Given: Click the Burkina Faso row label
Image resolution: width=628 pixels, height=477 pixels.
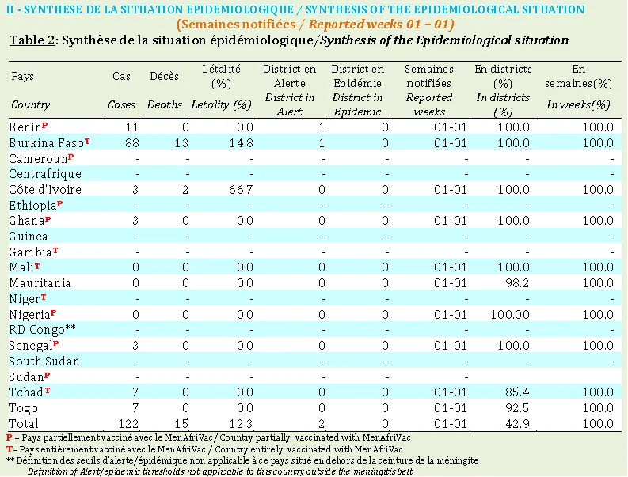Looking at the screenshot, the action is [x=47, y=143].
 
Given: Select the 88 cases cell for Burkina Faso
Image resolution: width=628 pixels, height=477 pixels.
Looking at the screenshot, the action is [x=131, y=143].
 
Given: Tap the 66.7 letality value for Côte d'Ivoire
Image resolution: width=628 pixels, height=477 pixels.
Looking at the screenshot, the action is [x=241, y=190].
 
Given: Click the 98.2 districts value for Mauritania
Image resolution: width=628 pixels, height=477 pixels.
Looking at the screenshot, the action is [x=517, y=283].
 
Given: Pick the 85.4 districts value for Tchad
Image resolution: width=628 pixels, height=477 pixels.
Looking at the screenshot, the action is [x=517, y=392].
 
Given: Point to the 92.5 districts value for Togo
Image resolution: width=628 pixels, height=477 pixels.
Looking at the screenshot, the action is [x=517, y=407].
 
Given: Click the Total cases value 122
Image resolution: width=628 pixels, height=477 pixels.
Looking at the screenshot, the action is [x=128, y=423].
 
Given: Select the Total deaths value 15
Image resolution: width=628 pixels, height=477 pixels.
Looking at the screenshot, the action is [x=181, y=423].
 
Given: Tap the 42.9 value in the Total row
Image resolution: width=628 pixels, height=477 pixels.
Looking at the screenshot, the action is [x=517, y=423].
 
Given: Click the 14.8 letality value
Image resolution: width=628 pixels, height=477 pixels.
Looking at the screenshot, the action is [x=241, y=143].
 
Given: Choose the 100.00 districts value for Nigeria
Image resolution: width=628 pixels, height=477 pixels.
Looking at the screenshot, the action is [x=510, y=315].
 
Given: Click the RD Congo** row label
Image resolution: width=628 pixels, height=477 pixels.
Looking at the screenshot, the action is [x=42, y=330].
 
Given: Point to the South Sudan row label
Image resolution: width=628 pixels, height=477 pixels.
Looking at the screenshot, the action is [x=44, y=361].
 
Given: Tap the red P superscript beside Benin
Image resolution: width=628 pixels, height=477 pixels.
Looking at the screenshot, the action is [x=45, y=125].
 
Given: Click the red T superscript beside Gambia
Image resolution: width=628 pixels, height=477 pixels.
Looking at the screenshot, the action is [x=55, y=251].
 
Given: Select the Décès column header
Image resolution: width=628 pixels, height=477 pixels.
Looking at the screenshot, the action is [x=164, y=76].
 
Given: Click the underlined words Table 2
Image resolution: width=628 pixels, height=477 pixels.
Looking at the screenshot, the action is [x=32, y=40].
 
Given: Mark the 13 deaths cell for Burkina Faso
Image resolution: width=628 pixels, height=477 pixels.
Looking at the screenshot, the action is [x=181, y=143].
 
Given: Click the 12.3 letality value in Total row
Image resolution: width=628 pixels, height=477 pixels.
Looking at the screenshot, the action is [x=241, y=423].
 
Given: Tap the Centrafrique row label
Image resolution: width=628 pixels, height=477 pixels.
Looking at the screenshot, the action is [x=45, y=174].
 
